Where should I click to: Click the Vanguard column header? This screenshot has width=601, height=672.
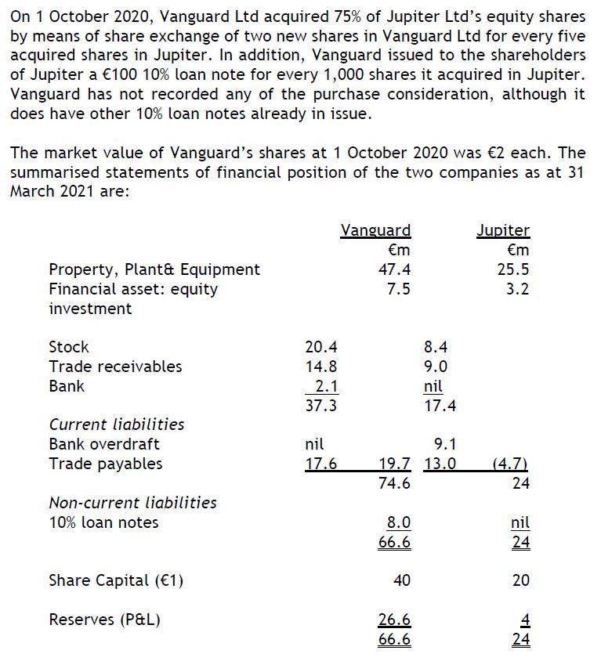click(x=375, y=230)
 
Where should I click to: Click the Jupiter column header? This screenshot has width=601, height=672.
click(x=503, y=230)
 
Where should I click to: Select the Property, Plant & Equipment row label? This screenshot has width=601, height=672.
click(x=154, y=269)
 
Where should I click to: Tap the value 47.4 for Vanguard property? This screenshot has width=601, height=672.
click(x=395, y=269)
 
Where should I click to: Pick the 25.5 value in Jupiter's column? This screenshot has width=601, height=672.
click(x=514, y=269)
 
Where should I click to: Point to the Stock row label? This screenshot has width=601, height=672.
click(x=69, y=347)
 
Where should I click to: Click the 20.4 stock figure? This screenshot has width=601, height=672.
click(x=321, y=347)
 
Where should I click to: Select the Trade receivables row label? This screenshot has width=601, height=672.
click(x=115, y=367)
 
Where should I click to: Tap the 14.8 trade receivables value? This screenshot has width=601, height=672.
click(x=321, y=367)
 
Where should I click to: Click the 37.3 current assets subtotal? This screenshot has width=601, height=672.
click(x=321, y=406)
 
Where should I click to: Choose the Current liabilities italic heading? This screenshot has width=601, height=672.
click(x=117, y=425)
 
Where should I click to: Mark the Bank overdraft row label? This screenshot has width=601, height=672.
click(x=104, y=444)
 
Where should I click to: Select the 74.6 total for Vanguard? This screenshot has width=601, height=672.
click(x=395, y=483)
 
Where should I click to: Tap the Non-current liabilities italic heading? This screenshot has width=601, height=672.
click(x=133, y=503)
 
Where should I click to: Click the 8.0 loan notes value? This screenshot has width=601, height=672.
click(x=399, y=522)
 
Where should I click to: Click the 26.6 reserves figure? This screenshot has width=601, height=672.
click(x=395, y=620)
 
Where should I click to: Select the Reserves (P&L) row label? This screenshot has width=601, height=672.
click(x=105, y=620)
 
